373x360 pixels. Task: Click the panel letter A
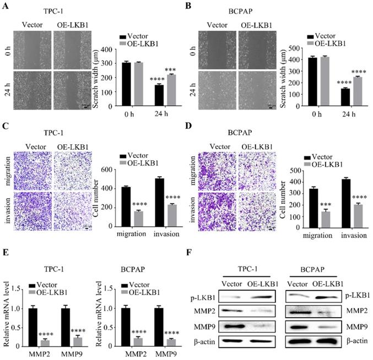(6, 7)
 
